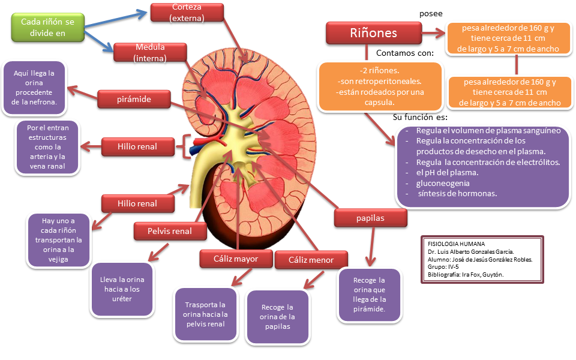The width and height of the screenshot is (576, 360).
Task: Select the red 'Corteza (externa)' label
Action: click(187, 13)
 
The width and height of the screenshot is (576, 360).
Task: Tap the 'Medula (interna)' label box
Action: click(150, 52)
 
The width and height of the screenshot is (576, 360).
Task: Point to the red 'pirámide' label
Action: click(133, 98)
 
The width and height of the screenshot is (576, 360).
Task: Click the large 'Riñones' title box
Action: click(374, 32)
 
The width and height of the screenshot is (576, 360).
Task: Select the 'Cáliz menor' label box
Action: click(310, 260)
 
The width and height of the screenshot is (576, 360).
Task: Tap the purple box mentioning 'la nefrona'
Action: click(34, 88)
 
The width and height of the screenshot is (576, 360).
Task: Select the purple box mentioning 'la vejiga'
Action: click(58, 239)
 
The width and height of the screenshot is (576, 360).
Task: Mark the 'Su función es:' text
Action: click(420, 118)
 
